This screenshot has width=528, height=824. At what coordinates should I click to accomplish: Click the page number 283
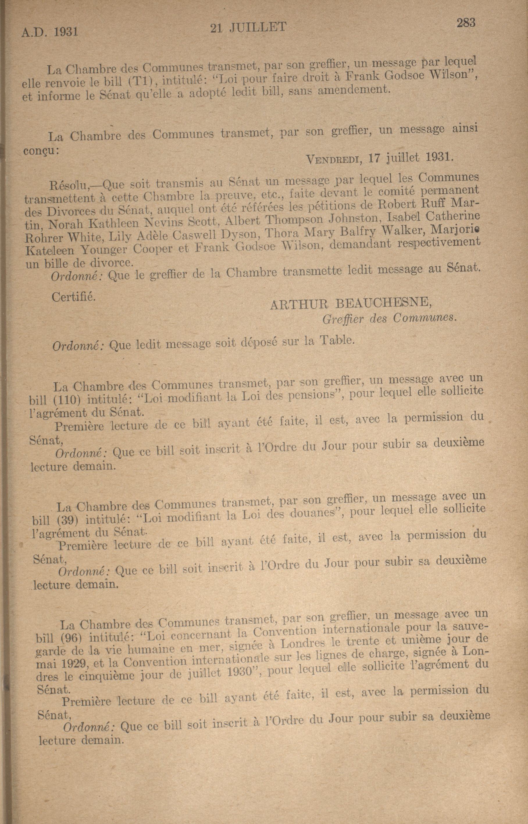pos(465,23)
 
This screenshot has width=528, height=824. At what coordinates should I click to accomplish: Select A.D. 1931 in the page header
pos(50,32)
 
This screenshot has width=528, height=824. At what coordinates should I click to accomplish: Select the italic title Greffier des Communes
pos(390,318)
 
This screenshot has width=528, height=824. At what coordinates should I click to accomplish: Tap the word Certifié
pos(73,297)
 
